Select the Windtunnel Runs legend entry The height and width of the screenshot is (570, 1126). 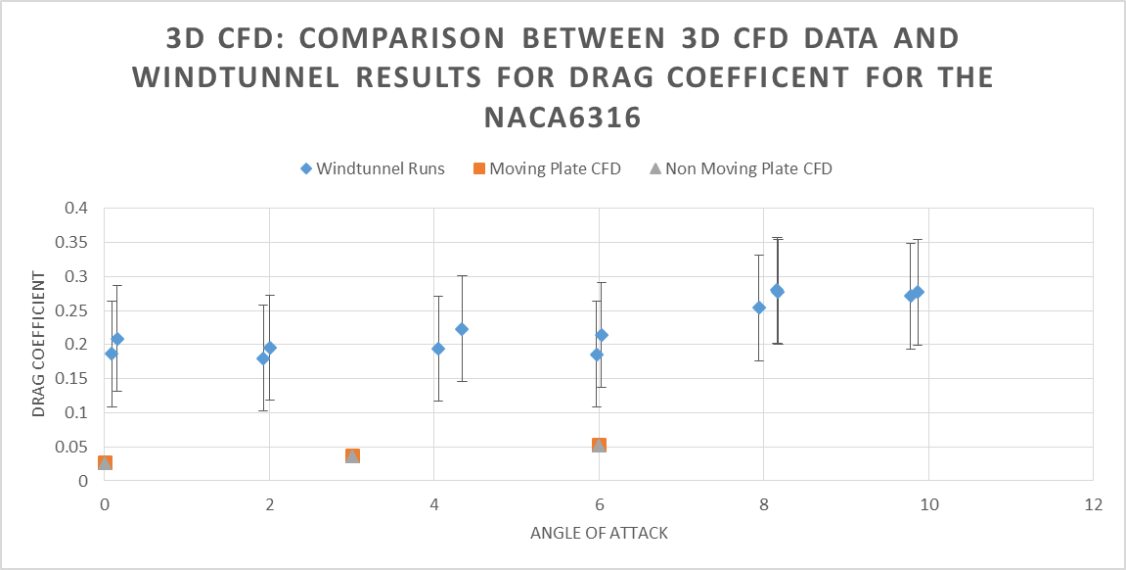click(372, 168)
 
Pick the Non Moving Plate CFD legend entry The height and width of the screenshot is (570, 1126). click(740, 168)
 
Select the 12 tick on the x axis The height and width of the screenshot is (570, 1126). click(1093, 504)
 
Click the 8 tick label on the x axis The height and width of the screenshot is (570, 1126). click(763, 504)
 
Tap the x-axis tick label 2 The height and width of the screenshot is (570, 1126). click(269, 504)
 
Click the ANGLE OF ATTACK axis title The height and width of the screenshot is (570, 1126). click(599, 534)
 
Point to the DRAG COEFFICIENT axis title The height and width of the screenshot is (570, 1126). click(39, 345)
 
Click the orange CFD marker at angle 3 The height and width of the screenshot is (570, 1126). click(352, 455)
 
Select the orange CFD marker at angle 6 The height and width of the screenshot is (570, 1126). click(599, 446)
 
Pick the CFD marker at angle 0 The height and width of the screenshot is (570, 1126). click(105, 462)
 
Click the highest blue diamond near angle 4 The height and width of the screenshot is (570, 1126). click(462, 329)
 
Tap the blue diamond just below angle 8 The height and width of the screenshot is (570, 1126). click(758, 308)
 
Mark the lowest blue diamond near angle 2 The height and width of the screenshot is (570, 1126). click(262, 358)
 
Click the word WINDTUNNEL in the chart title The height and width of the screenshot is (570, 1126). click(228, 77)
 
